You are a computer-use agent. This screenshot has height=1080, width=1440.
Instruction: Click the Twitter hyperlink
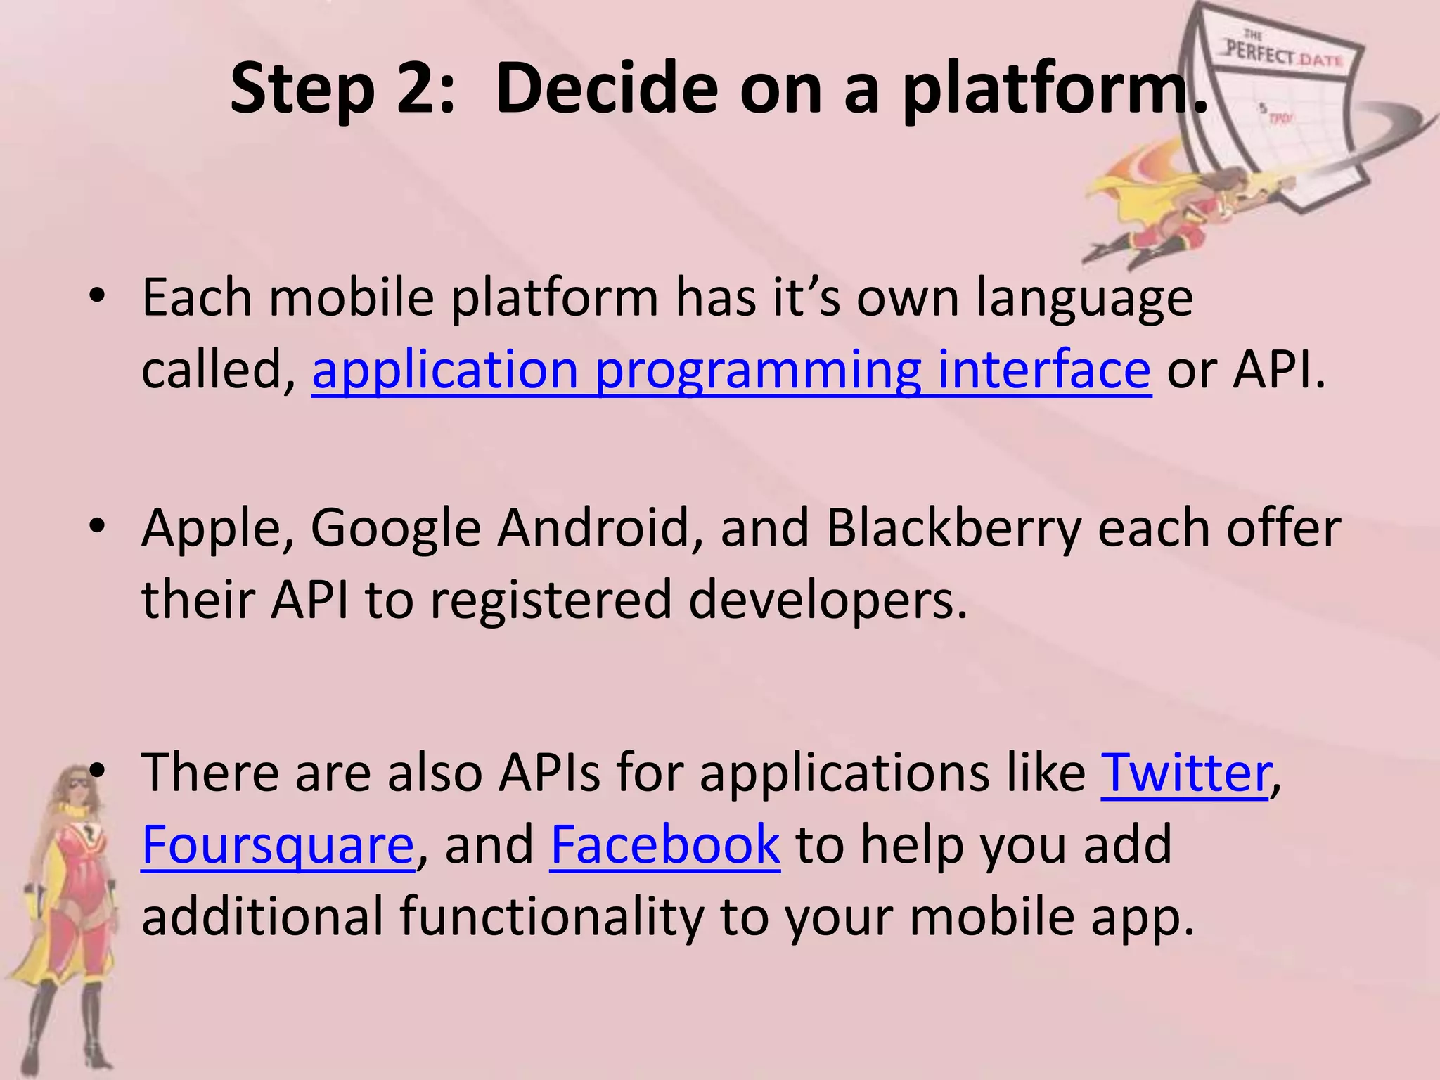pyautogui.click(x=1186, y=773)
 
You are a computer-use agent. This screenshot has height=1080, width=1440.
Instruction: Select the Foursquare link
pyautogui.click(x=278, y=844)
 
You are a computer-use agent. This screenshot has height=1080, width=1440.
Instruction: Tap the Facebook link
pyautogui.click(x=664, y=844)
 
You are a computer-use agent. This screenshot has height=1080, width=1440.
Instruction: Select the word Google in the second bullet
pyautogui.click(x=395, y=529)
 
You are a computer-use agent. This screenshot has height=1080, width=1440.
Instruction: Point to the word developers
pyautogui.click(x=828, y=600)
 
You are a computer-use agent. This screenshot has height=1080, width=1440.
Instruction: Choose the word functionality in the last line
pyautogui.click(x=552, y=917)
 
